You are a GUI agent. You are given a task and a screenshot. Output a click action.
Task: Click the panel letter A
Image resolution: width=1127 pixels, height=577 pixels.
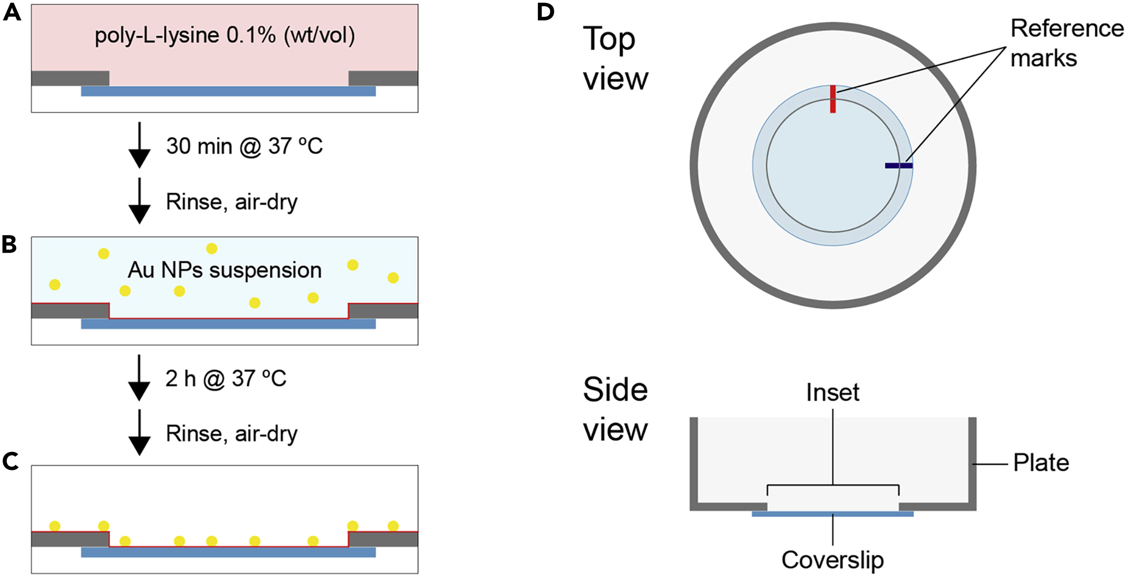click(12, 12)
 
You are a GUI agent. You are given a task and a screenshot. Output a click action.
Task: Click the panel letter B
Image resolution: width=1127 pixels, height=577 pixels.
click(10, 244)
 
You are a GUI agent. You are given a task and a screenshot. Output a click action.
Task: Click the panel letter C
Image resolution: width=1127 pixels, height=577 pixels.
click(11, 461)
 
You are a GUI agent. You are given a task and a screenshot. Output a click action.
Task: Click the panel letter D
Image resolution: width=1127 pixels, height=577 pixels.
click(546, 12)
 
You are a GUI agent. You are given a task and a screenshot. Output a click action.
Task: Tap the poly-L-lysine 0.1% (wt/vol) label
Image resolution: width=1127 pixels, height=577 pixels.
click(225, 36)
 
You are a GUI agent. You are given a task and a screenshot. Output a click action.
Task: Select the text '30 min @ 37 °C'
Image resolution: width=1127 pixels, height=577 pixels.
click(244, 146)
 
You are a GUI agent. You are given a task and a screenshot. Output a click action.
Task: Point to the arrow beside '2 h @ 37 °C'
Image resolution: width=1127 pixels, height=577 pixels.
click(139, 378)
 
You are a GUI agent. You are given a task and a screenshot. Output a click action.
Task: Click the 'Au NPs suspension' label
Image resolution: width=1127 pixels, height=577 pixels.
click(225, 270)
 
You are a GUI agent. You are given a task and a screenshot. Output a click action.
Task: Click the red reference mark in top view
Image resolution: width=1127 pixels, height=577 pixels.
click(832, 99)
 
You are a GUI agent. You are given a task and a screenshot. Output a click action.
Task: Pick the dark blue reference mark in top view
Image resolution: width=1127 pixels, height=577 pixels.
click(898, 165)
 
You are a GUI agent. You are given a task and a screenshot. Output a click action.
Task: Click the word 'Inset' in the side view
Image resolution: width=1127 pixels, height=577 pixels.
click(832, 393)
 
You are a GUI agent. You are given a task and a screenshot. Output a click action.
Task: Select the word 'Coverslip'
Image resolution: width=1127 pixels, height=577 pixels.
click(832, 560)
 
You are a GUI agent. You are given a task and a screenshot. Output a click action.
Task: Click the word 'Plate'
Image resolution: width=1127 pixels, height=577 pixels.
click(1041, 463)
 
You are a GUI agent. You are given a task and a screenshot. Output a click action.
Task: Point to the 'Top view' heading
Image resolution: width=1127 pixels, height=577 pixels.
click(615, 59)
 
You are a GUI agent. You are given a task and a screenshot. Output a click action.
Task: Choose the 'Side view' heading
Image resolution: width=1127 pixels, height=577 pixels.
click(615, 410)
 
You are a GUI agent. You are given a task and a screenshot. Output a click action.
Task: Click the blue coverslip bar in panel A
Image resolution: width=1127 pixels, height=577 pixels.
click(228, 91)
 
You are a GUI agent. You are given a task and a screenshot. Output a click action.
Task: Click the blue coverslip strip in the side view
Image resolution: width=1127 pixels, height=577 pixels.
click(832, 514)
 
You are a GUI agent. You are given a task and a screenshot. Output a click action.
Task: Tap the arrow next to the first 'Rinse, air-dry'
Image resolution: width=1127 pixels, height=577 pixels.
click(139, 201)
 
